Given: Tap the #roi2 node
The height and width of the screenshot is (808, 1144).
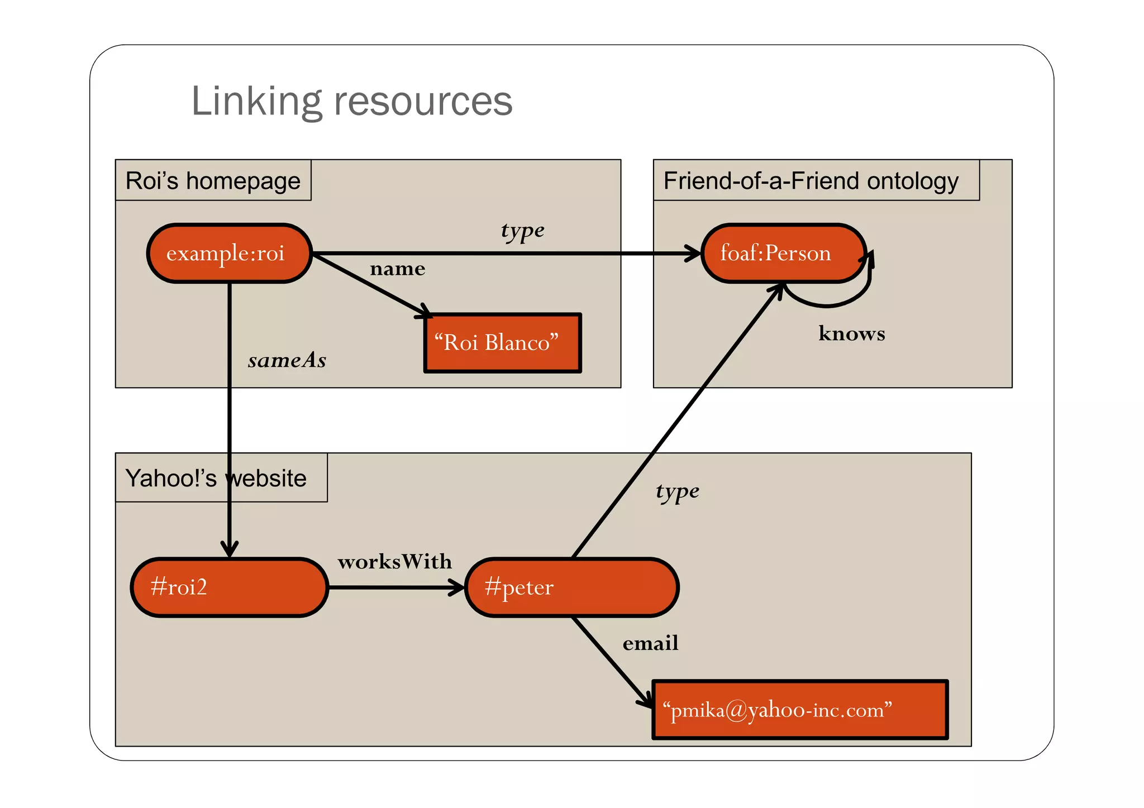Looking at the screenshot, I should coord(229,587).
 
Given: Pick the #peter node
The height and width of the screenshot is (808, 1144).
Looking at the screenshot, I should coord(571,587).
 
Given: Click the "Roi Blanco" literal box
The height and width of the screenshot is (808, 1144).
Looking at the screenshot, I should coord(502,343).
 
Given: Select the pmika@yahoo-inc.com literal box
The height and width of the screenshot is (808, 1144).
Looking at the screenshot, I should coord(800,710).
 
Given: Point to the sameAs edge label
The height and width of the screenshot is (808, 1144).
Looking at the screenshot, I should coord(287,361).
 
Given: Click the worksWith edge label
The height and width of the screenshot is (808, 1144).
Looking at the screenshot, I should coord(394,562).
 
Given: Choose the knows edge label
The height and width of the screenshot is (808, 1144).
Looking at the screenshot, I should coord(851,334).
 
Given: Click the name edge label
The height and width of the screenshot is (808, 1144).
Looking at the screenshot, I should coord(397,269).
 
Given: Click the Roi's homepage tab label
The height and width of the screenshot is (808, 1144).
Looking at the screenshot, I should coord(213,181).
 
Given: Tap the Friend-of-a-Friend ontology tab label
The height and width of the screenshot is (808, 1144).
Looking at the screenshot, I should coord(811,181).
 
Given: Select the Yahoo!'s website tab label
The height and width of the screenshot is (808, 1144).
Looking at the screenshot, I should coord(216,479).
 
